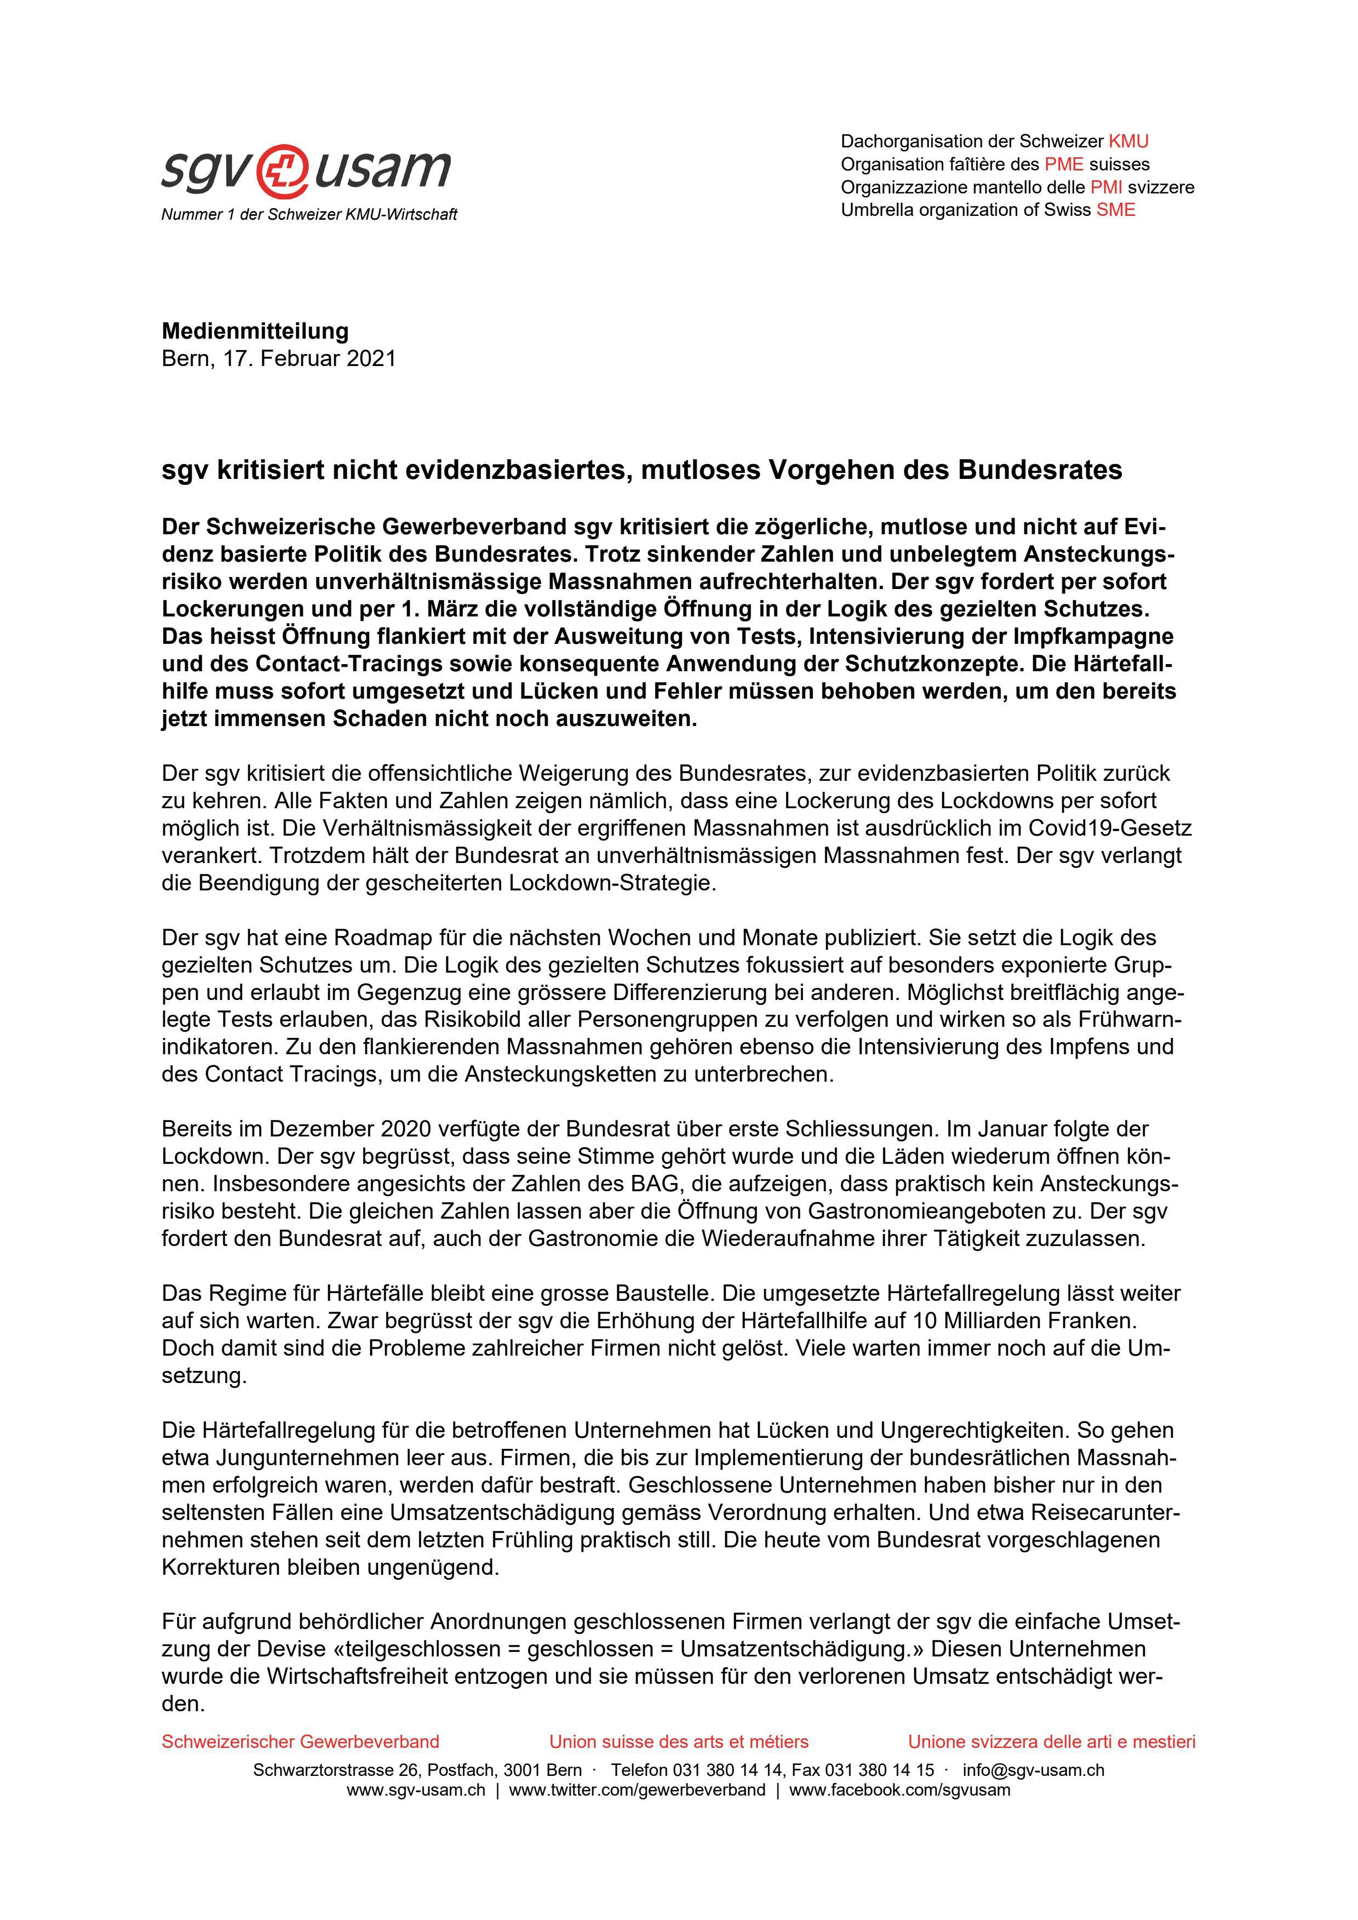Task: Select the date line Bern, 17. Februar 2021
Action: tap(278, 359)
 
